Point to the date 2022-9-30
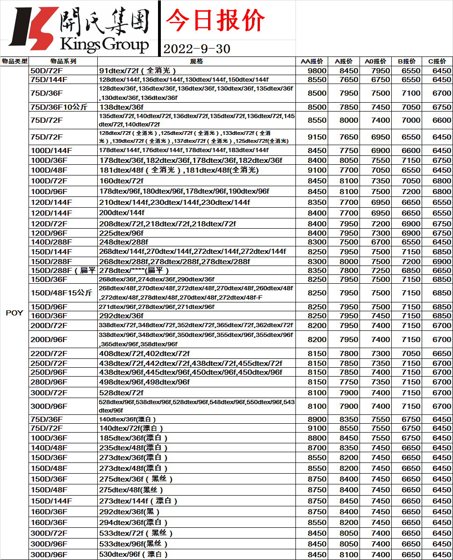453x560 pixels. (x=197, y=49)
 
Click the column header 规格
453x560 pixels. (x=196, y=62)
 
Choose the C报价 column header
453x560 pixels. (x=437, y=62)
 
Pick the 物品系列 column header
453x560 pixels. (x=63, y=62)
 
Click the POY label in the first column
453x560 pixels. (x=14, y=313)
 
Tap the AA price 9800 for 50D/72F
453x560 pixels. (x=317, y=71)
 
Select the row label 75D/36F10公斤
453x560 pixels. (x=59, y=107)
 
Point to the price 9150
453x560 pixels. (x=317, y=137)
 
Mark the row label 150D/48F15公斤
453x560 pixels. (x=61, y=293)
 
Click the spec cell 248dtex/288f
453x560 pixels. (x=123, y=242)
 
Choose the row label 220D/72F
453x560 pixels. (x=49, y=354)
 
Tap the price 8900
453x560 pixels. (x=317, y=420)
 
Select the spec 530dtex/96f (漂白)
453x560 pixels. (x=133, y=554)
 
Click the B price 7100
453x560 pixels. (x=411, y=93)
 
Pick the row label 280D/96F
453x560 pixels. (x=49, y=382)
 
